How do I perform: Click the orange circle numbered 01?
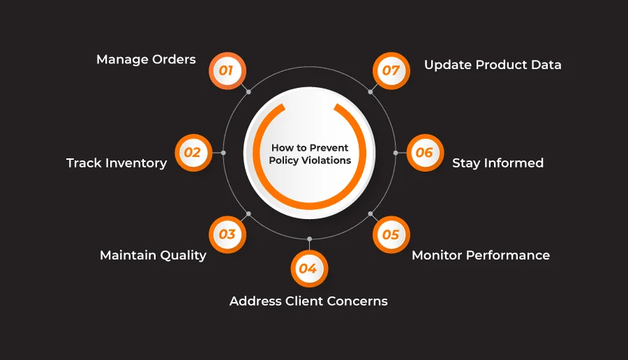[x=227, y=70]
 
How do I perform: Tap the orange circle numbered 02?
[x=193, y=152]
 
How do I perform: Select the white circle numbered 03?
[x=227, y=234]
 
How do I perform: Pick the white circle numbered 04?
[x=308, y=269]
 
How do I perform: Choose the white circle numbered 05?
[x=391, y=234]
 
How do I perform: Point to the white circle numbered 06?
[x=425, y=152]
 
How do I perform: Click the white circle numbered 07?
[x=391, y=70]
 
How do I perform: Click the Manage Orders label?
[x=146, y=59]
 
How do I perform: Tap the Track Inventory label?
[x=117, y=163]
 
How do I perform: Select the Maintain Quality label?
[x=153, y=255]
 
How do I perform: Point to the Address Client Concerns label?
[x=308, y=301]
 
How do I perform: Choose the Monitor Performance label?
[x=481, y=255]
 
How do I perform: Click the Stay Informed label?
[x=498, y=163]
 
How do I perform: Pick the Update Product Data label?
[x=493, y=65]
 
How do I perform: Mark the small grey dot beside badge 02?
[x=223, y=152]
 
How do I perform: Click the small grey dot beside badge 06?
[x=396, y=152]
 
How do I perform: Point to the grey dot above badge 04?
[x=309, y=239]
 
